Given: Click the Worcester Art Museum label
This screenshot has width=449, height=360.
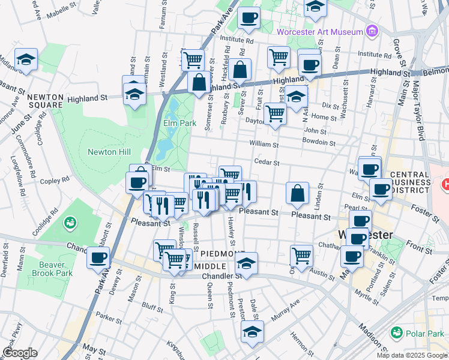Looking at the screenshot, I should click(x=319, y=31).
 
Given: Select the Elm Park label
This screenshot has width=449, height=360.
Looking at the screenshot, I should click(x=179, y=124).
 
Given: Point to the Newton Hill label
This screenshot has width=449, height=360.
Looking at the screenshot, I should click(x=109, y=152).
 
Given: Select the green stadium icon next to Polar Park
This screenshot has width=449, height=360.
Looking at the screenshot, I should click(x=396, y=332).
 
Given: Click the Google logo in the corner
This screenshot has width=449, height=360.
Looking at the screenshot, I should click(x=20, y=353).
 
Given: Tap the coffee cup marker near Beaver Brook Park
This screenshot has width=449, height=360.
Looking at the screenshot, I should click(x=98, y=258).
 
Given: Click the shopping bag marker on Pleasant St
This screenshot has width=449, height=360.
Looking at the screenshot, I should click(x=297, y=193).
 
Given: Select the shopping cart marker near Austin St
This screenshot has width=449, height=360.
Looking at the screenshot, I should click(x=301, y=255).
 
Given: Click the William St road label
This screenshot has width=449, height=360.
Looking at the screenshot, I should click(x=264, y=144).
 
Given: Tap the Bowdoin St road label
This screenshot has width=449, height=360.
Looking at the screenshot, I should click(x=319, y=143).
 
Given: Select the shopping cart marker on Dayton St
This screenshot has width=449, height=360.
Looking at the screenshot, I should click(x=275, y=113).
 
